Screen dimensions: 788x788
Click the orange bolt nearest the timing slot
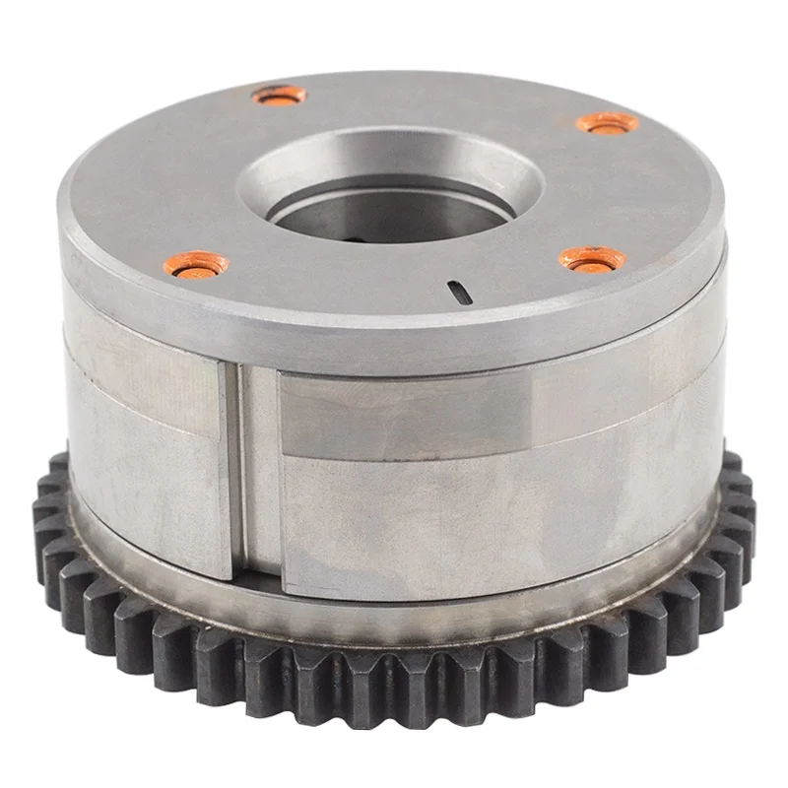(x=593, y=260)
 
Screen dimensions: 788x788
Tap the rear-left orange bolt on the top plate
(x=279, y=96)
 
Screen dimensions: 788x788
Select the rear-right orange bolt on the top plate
(x=608, y=123)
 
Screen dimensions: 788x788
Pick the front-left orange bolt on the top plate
(x=197, y=264)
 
